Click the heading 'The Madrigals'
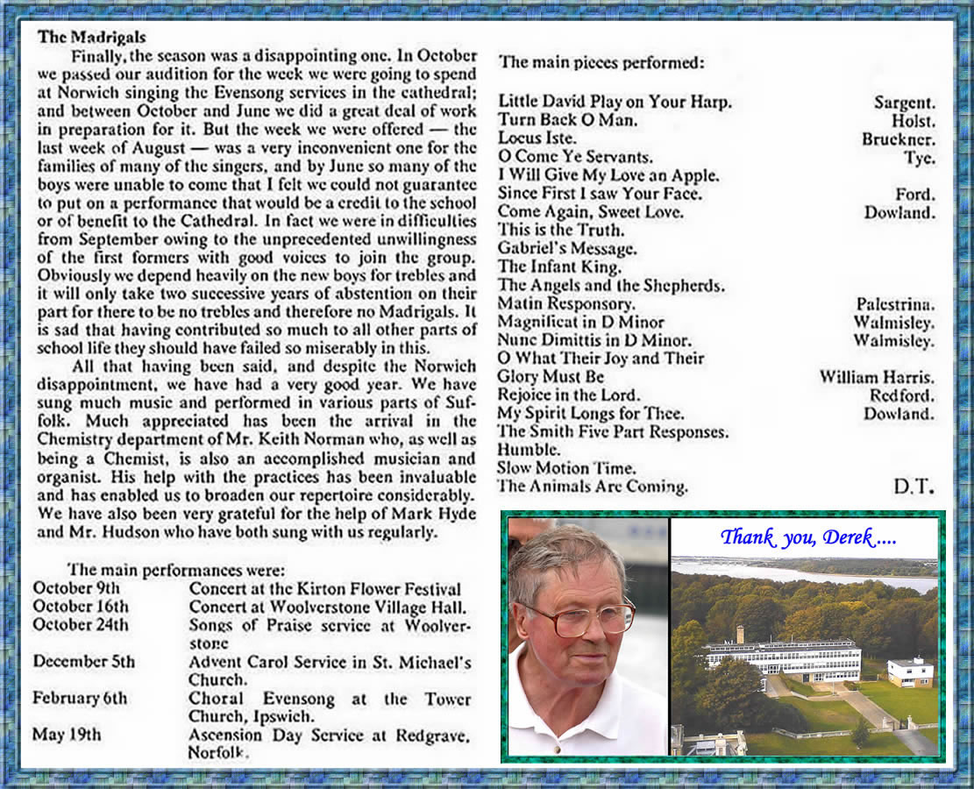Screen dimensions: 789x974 [92, 38]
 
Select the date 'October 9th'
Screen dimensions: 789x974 [76, 588]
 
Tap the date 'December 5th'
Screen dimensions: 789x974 [84, 661]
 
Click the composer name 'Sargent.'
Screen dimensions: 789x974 [904, 103]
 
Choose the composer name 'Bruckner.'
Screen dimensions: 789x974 [898, 139]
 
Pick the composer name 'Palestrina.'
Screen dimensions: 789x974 [895, 304]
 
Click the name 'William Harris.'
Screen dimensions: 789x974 [877, 377]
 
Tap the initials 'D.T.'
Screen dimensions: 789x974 [914, 486]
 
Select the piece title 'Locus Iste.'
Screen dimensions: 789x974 [537, 139]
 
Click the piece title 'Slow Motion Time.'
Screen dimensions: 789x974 [566, 468]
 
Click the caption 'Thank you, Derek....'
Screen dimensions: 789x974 [807, 537]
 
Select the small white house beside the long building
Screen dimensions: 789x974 [909, 672]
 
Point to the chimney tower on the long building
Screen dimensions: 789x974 [740, 635]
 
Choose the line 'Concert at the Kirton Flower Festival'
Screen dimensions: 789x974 [324, 589]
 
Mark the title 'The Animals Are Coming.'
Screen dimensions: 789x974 [593, 487]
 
